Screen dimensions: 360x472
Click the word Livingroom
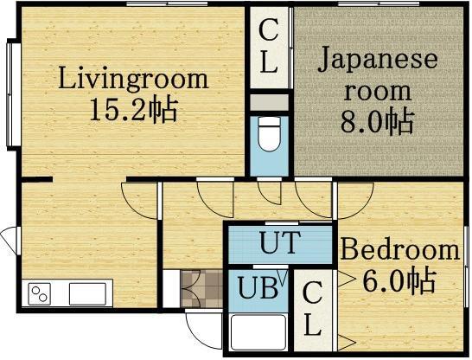click(133, 80)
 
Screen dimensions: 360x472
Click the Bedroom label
click(399, 251)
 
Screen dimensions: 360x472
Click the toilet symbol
click(268, 134)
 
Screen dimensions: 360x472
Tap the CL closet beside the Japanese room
click(269, 48)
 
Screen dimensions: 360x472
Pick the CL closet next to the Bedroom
click(314, 309)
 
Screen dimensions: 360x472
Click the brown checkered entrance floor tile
click(192, 287)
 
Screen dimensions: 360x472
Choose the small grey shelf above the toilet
click(268, 102)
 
